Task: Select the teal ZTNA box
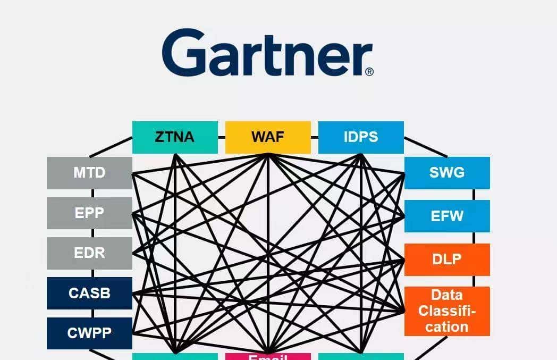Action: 175,137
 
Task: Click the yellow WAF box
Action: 268,137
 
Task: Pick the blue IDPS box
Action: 361,137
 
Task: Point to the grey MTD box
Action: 89,173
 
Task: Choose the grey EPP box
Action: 89,213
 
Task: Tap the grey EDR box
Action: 89,253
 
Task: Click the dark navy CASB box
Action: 89,293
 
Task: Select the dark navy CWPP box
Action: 89,333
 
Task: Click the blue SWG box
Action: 447,173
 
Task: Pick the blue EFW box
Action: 447,216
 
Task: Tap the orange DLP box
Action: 447,259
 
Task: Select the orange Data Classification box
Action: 447,311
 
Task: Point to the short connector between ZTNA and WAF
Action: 222,137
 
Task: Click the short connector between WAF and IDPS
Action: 314,137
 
